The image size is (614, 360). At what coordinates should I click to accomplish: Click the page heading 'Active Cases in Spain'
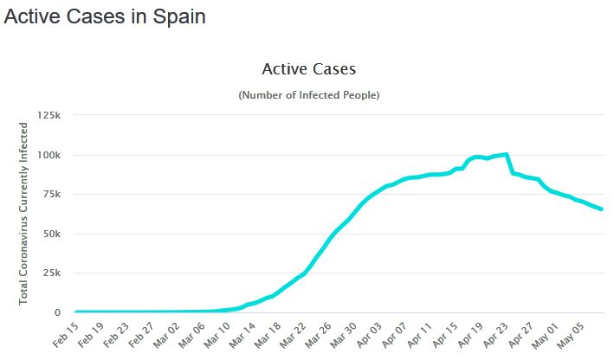(x=105, y=17)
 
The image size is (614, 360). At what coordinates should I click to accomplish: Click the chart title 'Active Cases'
(x=308, y=68)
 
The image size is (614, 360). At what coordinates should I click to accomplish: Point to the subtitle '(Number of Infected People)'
(x=308, y=94)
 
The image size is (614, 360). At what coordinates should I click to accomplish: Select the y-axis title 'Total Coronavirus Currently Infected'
(x=24, y=213)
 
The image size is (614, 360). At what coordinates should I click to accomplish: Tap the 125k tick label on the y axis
(x=49, y=115)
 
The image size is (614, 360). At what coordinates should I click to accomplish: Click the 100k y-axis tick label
(x=49, y=155)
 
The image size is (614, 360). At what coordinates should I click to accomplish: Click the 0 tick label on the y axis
(x=57, y=312)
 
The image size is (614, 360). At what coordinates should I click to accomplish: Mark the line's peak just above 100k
(x=507, y=154)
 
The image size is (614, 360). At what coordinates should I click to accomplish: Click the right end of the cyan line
(x=602, y=209)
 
